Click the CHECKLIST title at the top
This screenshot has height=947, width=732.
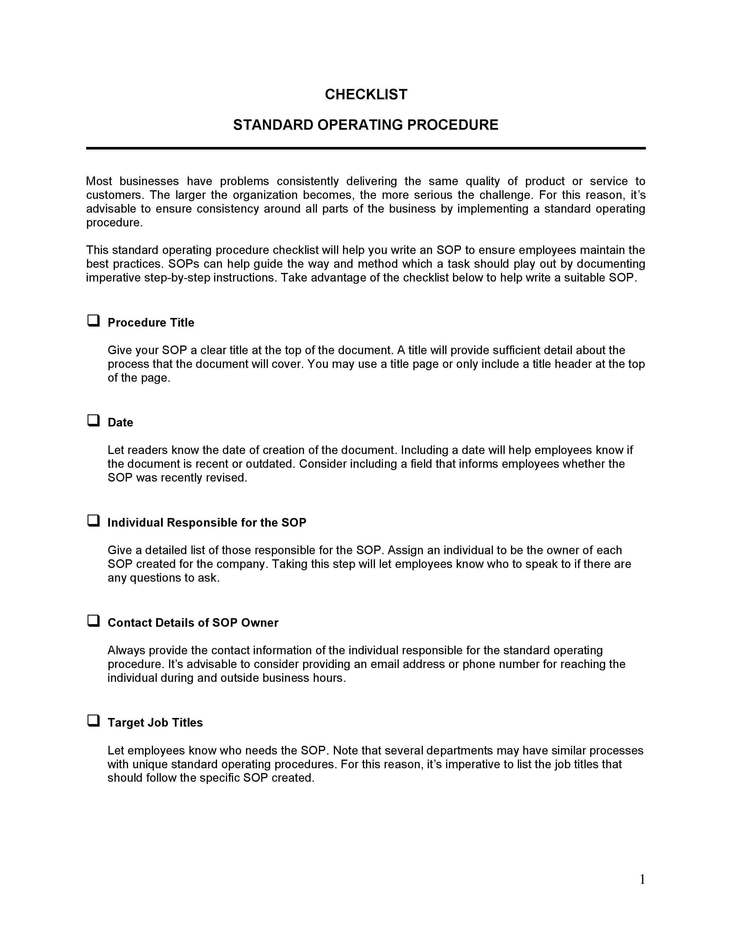(x=366, y=94)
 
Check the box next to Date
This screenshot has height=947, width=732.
(x=93, y=421)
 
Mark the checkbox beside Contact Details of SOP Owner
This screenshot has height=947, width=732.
(x=93, y=621)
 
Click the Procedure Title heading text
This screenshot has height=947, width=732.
(x=151, y=323)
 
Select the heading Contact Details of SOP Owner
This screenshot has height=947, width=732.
(x=193, y=623)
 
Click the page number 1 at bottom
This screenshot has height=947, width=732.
(x=642, y=880)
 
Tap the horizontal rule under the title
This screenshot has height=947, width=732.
(x=366, y=148)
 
